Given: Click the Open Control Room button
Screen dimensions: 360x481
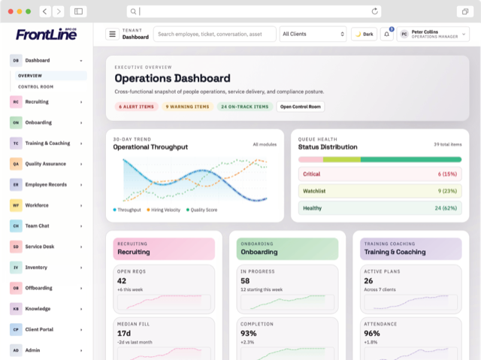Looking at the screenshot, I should (x=301, y=107).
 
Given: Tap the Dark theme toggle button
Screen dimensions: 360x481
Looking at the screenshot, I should (x=364, y=34).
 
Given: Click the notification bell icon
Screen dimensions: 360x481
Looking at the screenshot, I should (x=387, y=35).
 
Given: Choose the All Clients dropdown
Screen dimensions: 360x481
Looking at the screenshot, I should (x=313, y=34).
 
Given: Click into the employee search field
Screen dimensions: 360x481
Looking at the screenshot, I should (x=214, y=34).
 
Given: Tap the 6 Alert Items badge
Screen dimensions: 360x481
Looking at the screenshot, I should (x=136, y=107).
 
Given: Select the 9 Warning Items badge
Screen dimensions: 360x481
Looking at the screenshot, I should (x=188, y=107).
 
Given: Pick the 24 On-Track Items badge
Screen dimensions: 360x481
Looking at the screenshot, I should (x=244, y=107).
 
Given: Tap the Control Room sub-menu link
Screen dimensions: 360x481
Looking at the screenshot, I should (x=35, y=86).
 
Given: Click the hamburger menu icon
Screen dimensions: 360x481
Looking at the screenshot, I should (x=112, y=34).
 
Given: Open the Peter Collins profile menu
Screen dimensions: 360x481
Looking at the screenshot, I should (x=433, y=34).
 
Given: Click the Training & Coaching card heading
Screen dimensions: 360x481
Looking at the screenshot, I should (x=395, y=252).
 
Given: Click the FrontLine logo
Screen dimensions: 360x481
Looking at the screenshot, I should (x=46, y=34).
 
